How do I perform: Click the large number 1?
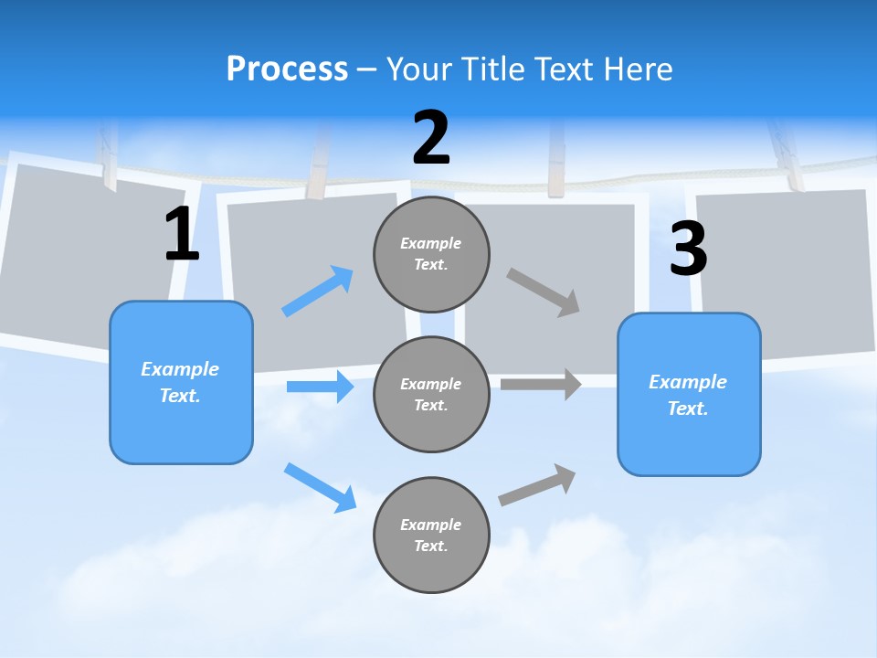click(182, 235)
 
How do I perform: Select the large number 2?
click(431, 138)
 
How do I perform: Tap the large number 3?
click(688, 249)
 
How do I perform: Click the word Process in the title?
click(287, 69)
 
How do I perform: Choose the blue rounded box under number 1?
click(181, 382)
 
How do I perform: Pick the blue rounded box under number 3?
click(689, 395)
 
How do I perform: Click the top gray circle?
click(431, 254)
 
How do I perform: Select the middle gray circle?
click(431, 394)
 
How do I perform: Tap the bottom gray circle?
click(431, 535)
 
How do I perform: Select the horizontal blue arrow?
click(321, 387)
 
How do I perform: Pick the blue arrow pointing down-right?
click(321, 487)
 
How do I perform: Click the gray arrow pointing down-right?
click(544, 292)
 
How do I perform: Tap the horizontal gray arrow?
click(542, 384)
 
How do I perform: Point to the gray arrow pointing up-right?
click(538, 484)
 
